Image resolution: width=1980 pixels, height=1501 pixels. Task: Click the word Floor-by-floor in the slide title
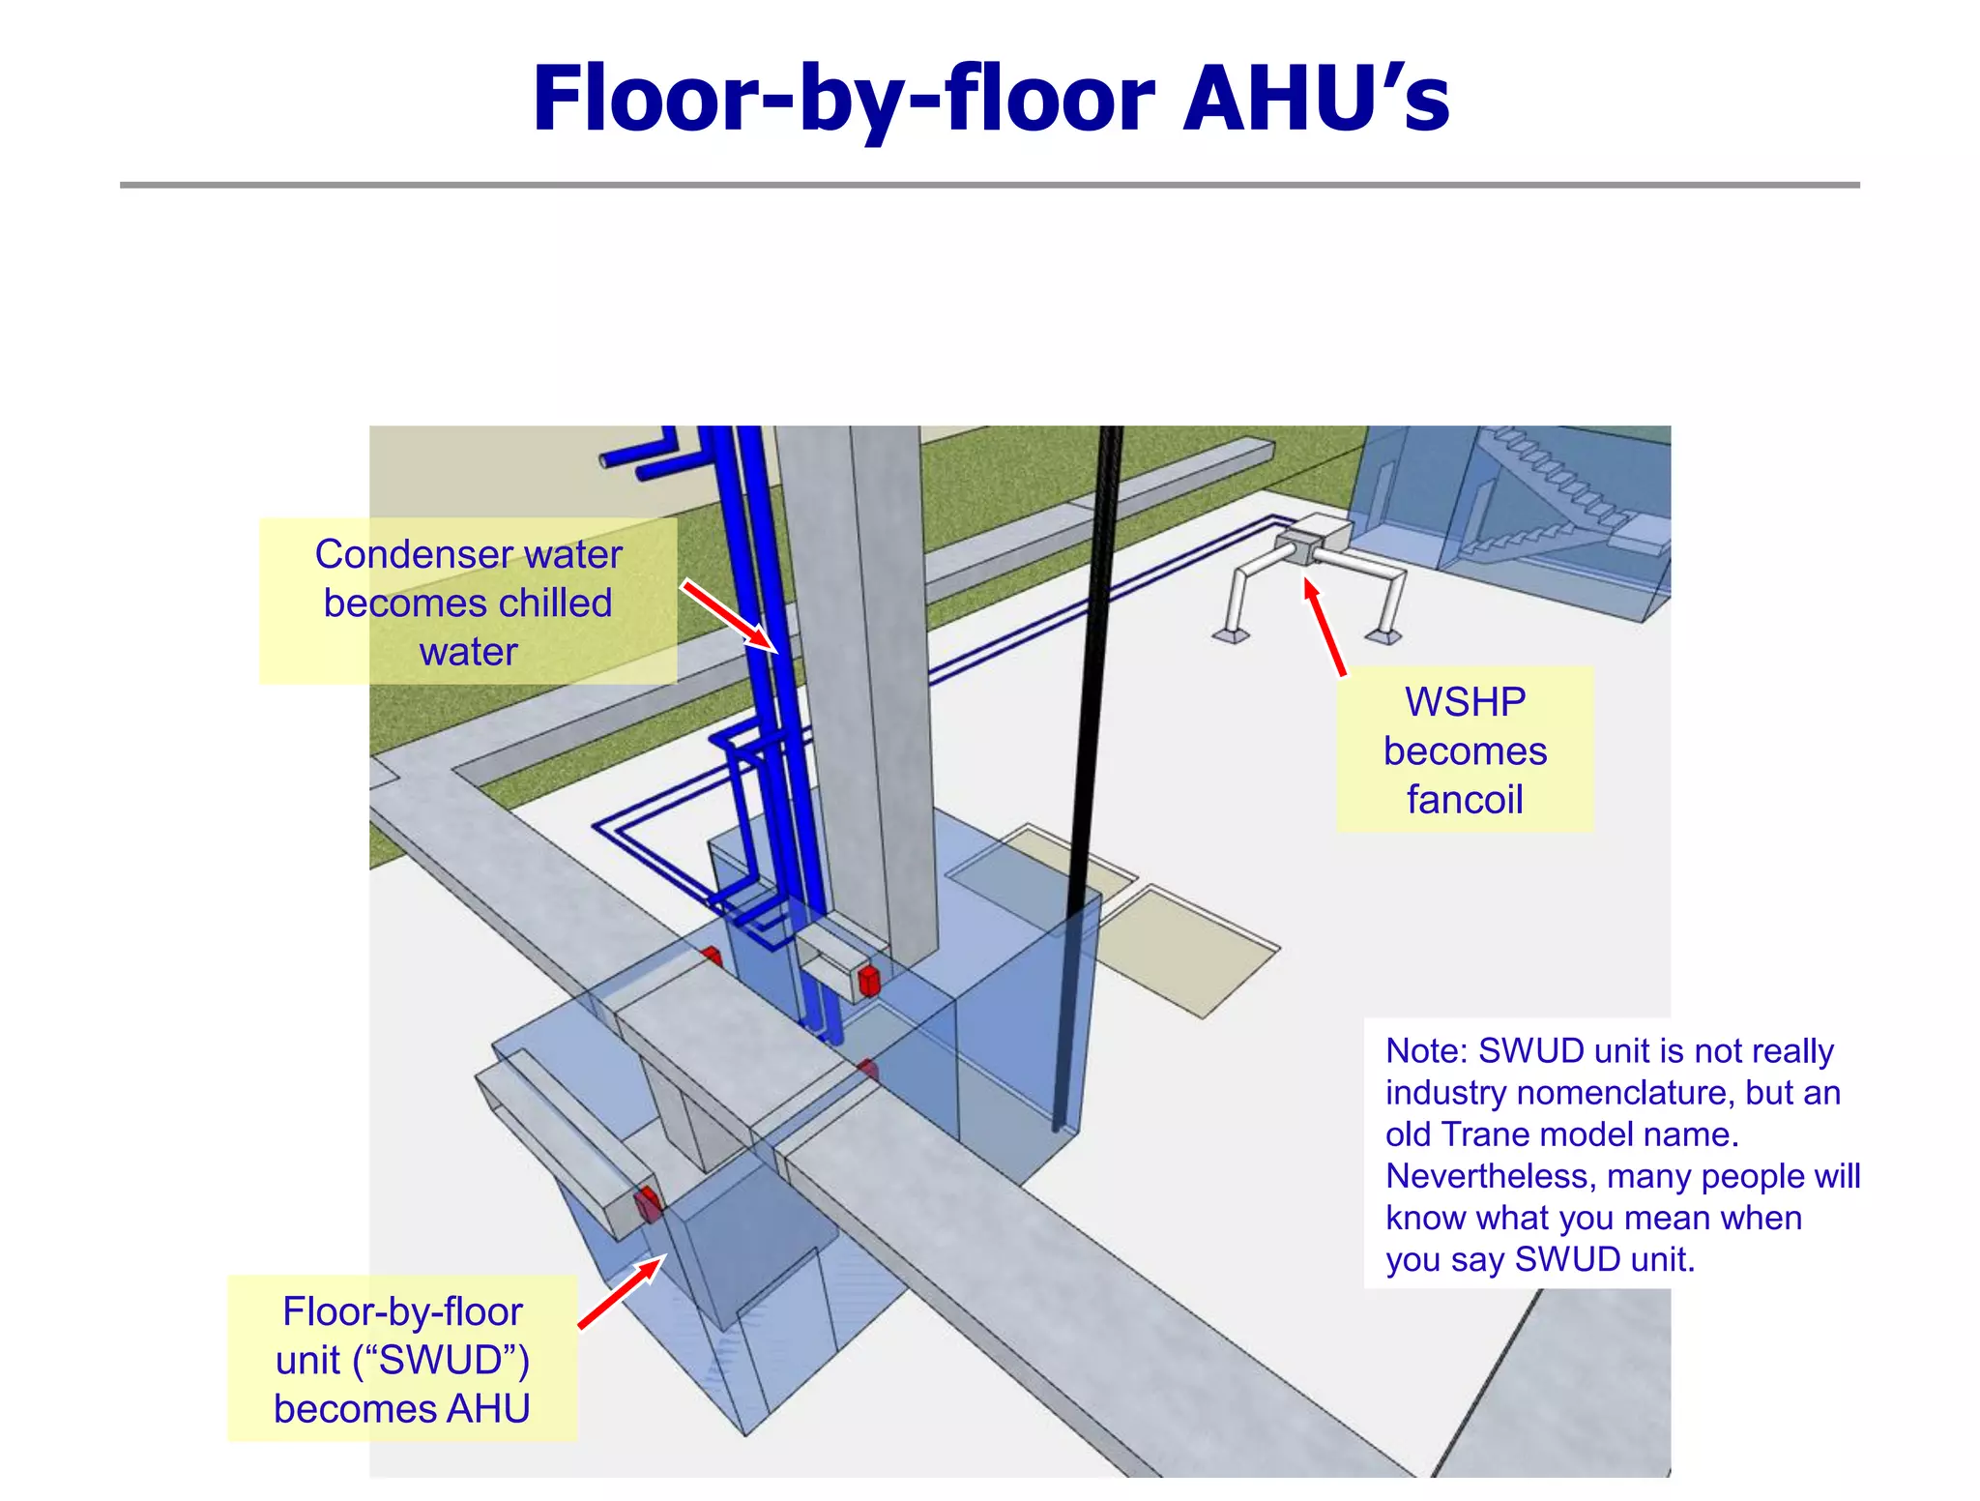click(843, 99)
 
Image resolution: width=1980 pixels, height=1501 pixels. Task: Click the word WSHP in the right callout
click(1465, 701)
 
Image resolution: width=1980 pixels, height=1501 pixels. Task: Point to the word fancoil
click(1465, 800)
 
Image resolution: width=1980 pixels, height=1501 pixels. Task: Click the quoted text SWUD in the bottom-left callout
click(440, 1360)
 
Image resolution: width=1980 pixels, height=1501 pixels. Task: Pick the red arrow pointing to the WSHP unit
click(1325, 626)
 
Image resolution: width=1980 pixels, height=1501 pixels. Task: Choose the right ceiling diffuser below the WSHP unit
click(1384, 635)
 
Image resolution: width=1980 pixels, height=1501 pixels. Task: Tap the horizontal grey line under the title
click(989, 184)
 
